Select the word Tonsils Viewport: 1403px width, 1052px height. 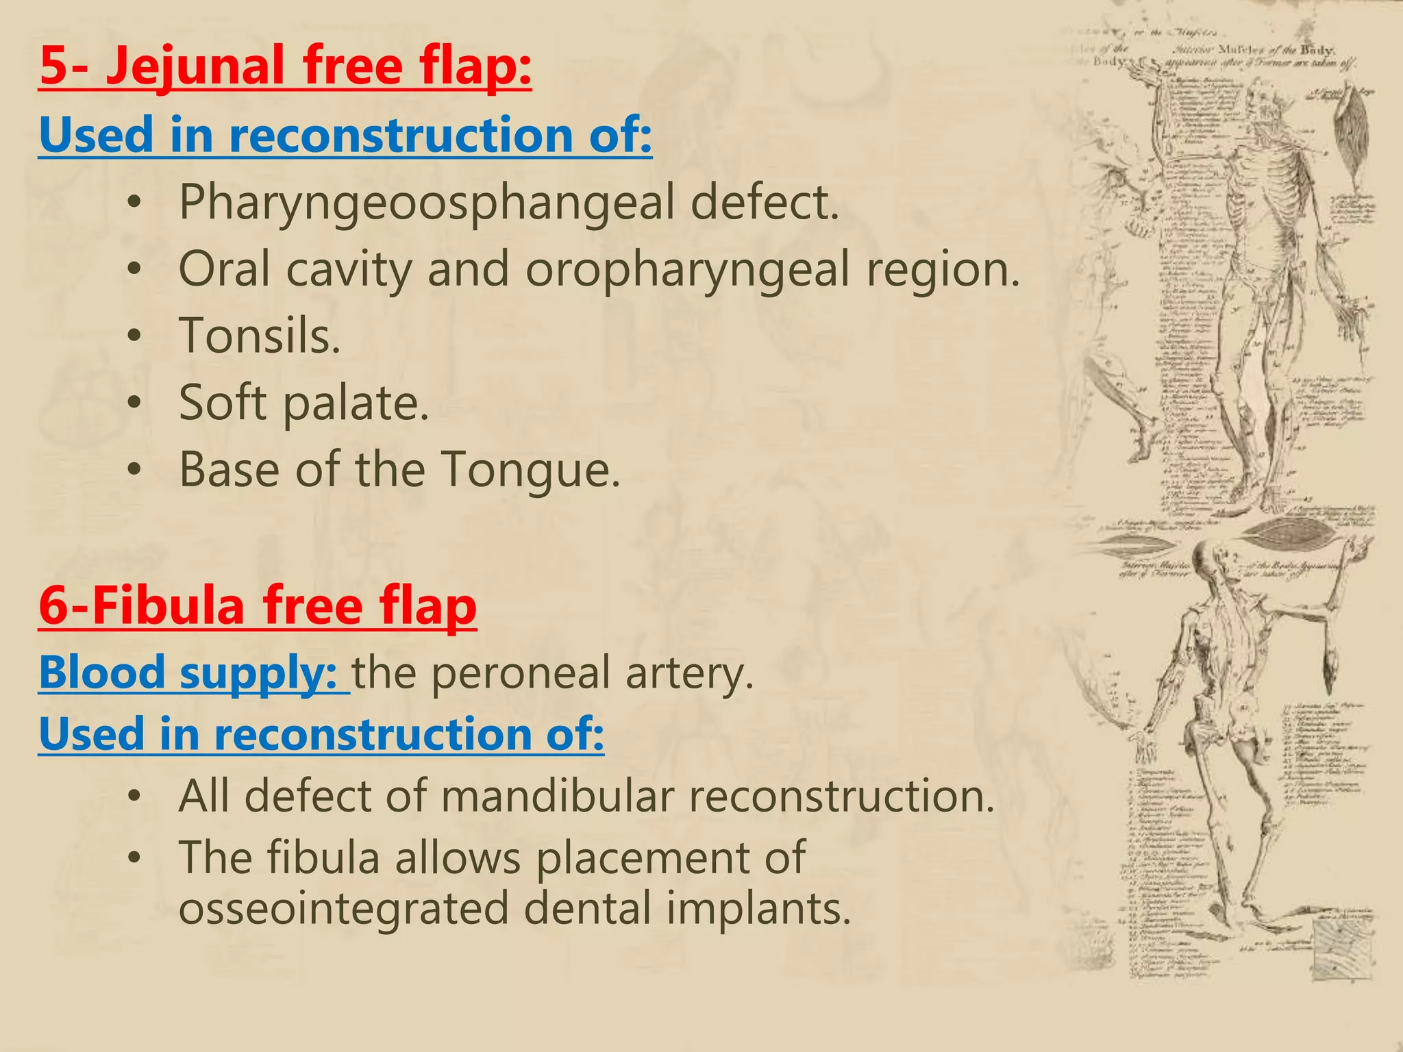coord(260,336)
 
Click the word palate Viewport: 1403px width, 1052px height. coord(356,403)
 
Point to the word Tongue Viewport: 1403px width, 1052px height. coord(531,470)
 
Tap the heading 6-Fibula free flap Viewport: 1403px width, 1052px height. coord(258,606)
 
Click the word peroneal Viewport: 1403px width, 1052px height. coord(521,672)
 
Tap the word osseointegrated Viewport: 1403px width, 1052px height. coord(343,908)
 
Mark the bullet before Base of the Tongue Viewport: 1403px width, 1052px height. coord(135,471)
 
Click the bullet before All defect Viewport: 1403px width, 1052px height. coord(135,797)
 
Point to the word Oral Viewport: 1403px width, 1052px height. coord(224,269)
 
